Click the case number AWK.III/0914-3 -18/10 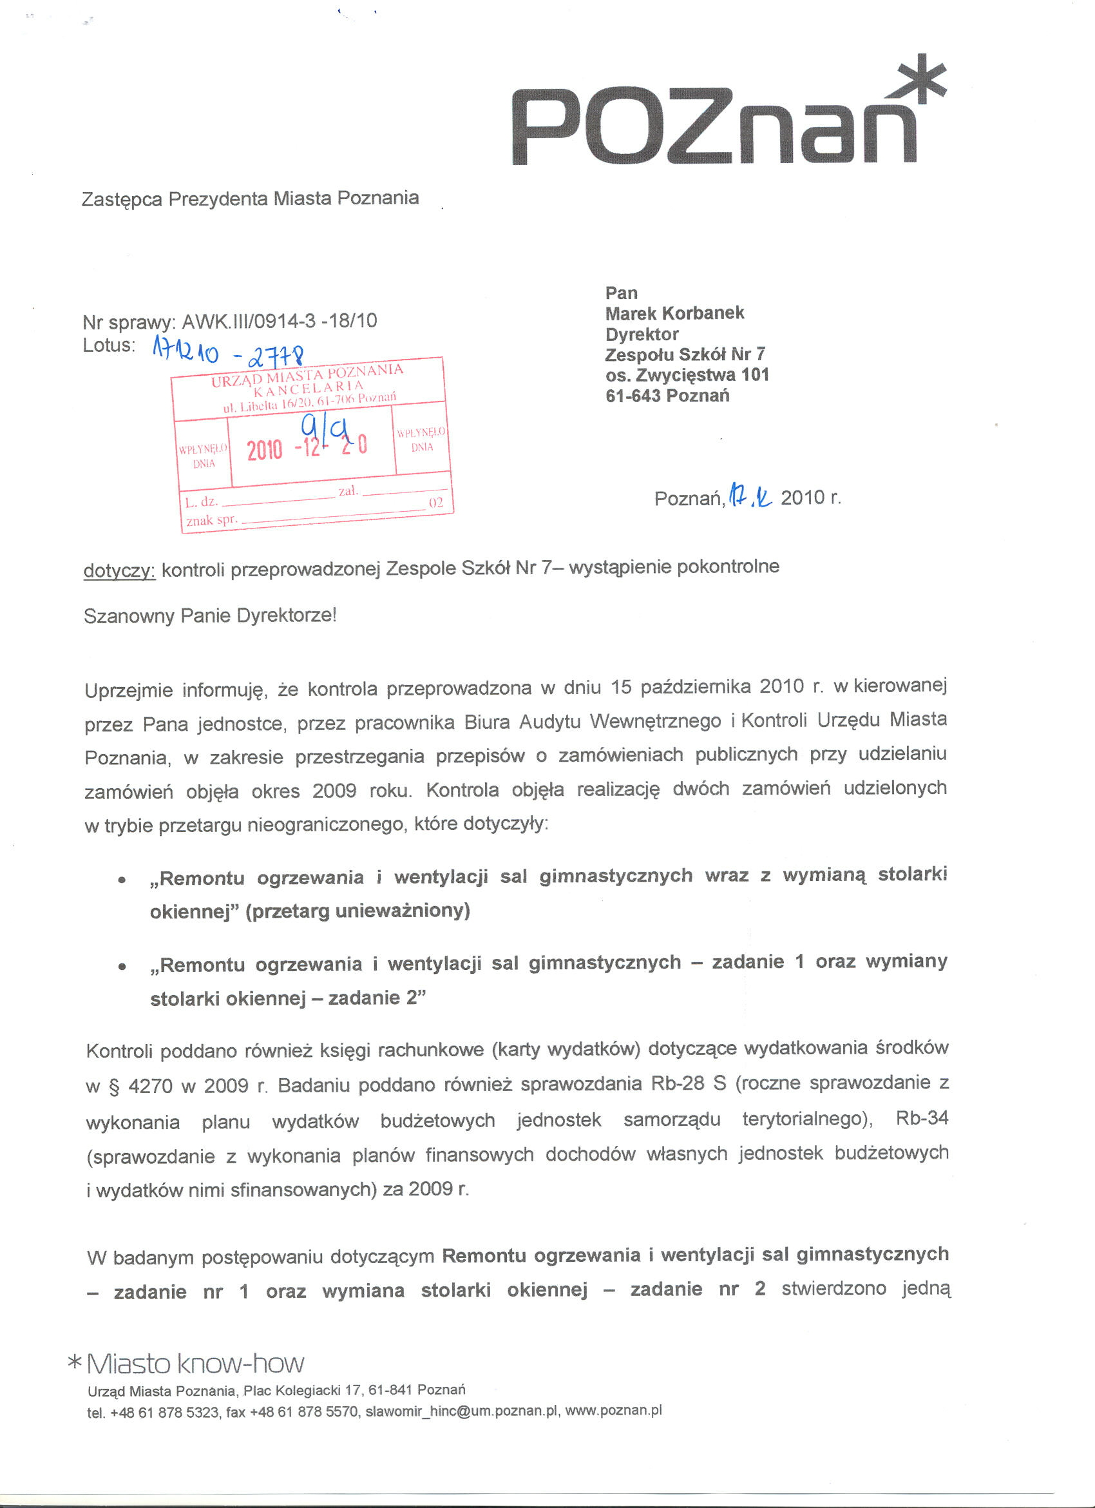(279, 322)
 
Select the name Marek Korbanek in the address (674, 313)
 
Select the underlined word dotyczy (120, 570)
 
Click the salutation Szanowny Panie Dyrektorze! (210, 615)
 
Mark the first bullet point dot (122, 880)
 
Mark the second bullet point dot (122, 967)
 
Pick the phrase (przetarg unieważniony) (357, 911)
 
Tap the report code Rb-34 (922, 1118)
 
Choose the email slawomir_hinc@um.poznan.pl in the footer (461, 1411)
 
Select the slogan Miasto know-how (195, 1364)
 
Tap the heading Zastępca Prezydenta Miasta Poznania (250, 198)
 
